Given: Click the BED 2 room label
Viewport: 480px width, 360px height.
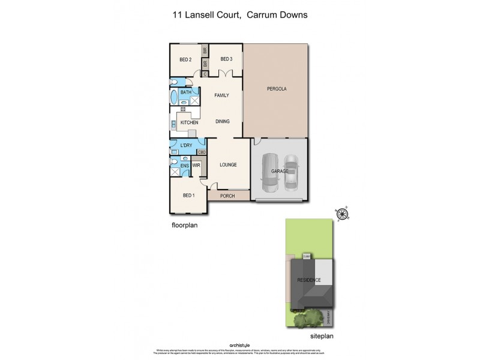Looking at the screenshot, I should coord(185,59).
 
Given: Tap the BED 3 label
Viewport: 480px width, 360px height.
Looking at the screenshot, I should coord(226,59).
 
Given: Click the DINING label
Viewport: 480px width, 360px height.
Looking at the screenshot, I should coord(223,121).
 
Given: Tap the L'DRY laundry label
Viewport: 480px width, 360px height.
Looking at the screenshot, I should coord(186,146).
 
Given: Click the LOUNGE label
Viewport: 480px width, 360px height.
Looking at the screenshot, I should coord(228,164).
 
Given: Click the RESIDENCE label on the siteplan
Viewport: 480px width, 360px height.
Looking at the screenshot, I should coord(309,281).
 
